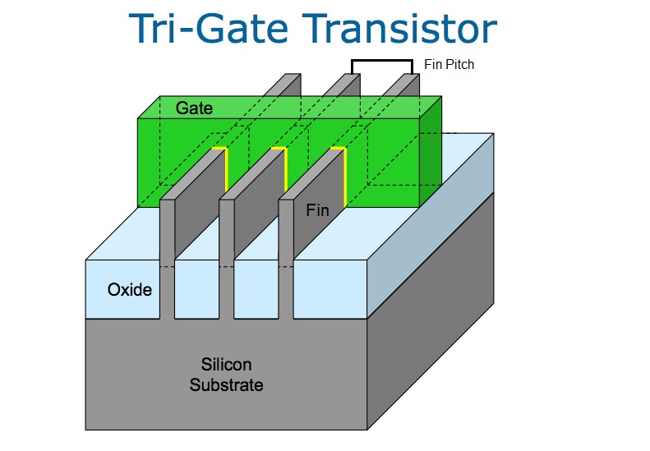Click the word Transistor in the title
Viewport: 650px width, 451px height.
pos(402,30)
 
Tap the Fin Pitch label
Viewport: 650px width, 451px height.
pos(449,63)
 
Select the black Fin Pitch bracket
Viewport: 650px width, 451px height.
pos(381,62)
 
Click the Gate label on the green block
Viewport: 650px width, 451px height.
pos(194,108)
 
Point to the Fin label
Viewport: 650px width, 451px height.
pos(317,210)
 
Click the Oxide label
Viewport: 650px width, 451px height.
pos(130,289)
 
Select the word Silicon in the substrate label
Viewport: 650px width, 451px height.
pos(226,364)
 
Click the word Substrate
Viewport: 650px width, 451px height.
pos(226,384)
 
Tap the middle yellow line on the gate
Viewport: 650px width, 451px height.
pos(285,168)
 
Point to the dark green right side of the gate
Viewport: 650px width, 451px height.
pos(431,152)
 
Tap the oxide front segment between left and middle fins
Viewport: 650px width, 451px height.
pos(197,292)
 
